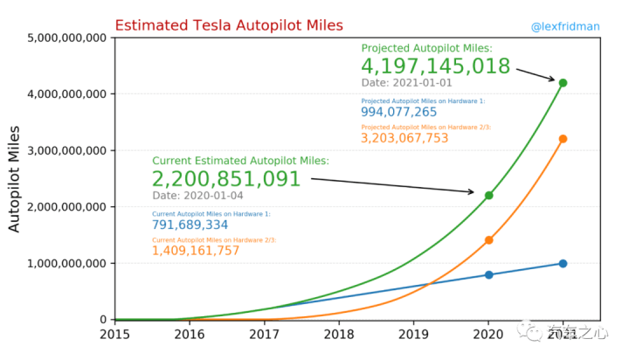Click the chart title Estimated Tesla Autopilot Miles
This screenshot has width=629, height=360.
point(229,25)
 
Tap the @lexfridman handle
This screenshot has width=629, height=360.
point(565,26)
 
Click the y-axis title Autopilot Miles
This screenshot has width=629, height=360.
point(15,178)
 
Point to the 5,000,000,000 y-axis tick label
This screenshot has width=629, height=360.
point(67,38)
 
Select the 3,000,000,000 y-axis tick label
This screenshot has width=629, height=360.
point(67,150)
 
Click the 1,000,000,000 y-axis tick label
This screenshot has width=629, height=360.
point(67,263)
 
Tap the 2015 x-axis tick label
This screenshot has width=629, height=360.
point(114,333)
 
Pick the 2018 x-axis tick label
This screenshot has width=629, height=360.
point(339,333)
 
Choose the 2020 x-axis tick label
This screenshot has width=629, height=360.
point(488,333)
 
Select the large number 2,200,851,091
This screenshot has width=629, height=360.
point(226,179)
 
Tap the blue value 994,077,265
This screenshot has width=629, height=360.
point(398,112)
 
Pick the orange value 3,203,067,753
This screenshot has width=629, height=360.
point(404,138)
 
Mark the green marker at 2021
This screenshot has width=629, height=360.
point(563,82)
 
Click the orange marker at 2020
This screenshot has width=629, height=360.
point(488,240)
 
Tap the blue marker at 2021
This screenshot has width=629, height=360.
point(563,263)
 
